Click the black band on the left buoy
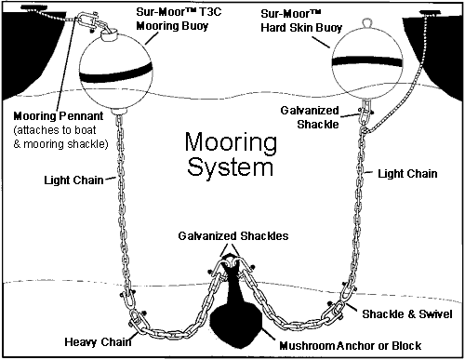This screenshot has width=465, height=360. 116,75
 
